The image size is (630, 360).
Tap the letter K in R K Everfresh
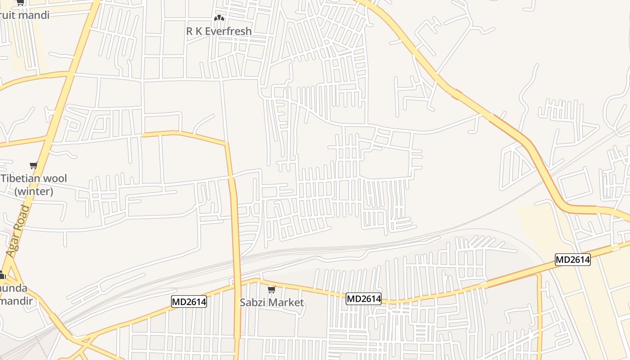(x=199, y=31)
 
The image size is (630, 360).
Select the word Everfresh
(x=229, y=31)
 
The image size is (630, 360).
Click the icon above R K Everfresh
(x=219, y=18)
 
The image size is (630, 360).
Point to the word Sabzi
(x=253, y=302)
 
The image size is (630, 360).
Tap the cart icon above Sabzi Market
(x=271, y=289)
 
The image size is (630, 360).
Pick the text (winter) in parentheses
(x=34, y=191)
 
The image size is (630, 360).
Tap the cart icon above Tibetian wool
(x=33, y=165)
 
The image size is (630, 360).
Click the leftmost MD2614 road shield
(x=189, y=301)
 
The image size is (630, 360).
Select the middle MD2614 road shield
(x=364, y=298)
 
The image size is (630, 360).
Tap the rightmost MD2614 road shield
(x=572, y=260)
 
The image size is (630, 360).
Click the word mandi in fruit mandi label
(x=31, y=15)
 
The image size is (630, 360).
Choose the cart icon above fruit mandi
(x=20, y=2)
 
